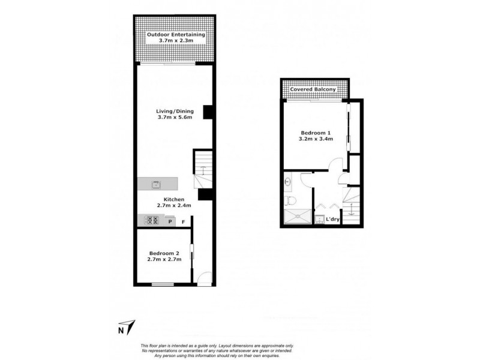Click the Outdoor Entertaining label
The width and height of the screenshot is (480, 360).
(176, 35)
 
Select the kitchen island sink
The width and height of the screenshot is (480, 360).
(156, 184)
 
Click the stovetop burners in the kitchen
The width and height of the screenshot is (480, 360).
(150, 220)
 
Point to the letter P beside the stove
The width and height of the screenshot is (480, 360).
(170, 222)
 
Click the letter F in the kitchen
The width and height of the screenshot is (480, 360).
(184, 222)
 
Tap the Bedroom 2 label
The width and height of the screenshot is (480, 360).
(164, 253)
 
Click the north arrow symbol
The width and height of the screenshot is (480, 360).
(131, 327)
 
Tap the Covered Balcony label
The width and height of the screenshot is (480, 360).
(313, 90)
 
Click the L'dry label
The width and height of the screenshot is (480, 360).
(334, 220)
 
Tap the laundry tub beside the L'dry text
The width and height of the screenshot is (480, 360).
(320, 219)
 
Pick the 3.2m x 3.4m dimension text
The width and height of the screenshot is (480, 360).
(316, 139)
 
